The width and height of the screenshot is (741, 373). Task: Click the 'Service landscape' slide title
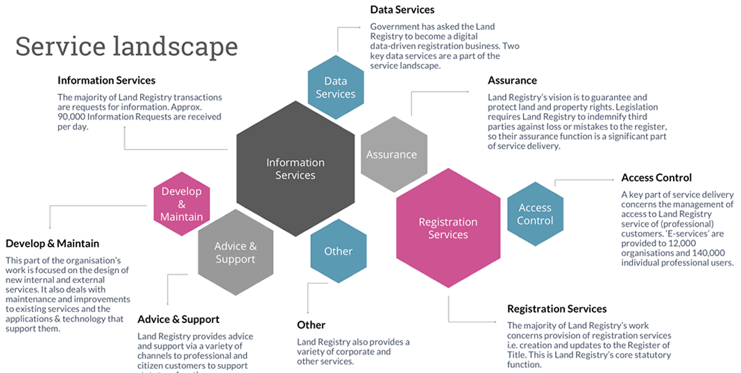tap(126, 46)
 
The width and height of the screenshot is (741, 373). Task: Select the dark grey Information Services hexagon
tap(295, 168)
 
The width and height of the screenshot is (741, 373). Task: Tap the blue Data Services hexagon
tap(336, 87)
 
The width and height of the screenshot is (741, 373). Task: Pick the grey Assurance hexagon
tap(391, 154)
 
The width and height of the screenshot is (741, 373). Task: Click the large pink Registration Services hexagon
tap(448, 228)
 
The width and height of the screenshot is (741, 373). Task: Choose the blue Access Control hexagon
tap(535, 214)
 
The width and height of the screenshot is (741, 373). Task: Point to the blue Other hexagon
tap(339, 251)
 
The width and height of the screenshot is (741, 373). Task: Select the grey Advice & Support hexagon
tap(235, 252)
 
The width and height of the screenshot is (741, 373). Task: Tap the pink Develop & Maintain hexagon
tap(181, 204)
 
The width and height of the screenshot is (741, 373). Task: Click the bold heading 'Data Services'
tap(402, 10)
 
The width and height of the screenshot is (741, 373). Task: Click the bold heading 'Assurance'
tap(512, 80)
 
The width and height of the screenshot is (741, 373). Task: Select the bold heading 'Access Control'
tap(656, 177)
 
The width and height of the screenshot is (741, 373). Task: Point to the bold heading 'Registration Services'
tap(556, 309)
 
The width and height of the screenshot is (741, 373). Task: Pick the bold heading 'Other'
tap(311, 324)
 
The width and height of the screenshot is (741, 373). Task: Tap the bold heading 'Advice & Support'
tap(178, 319)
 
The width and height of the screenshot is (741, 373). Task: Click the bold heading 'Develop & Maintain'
tap(52, 243)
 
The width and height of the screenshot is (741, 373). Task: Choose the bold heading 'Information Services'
tap(106, 80)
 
